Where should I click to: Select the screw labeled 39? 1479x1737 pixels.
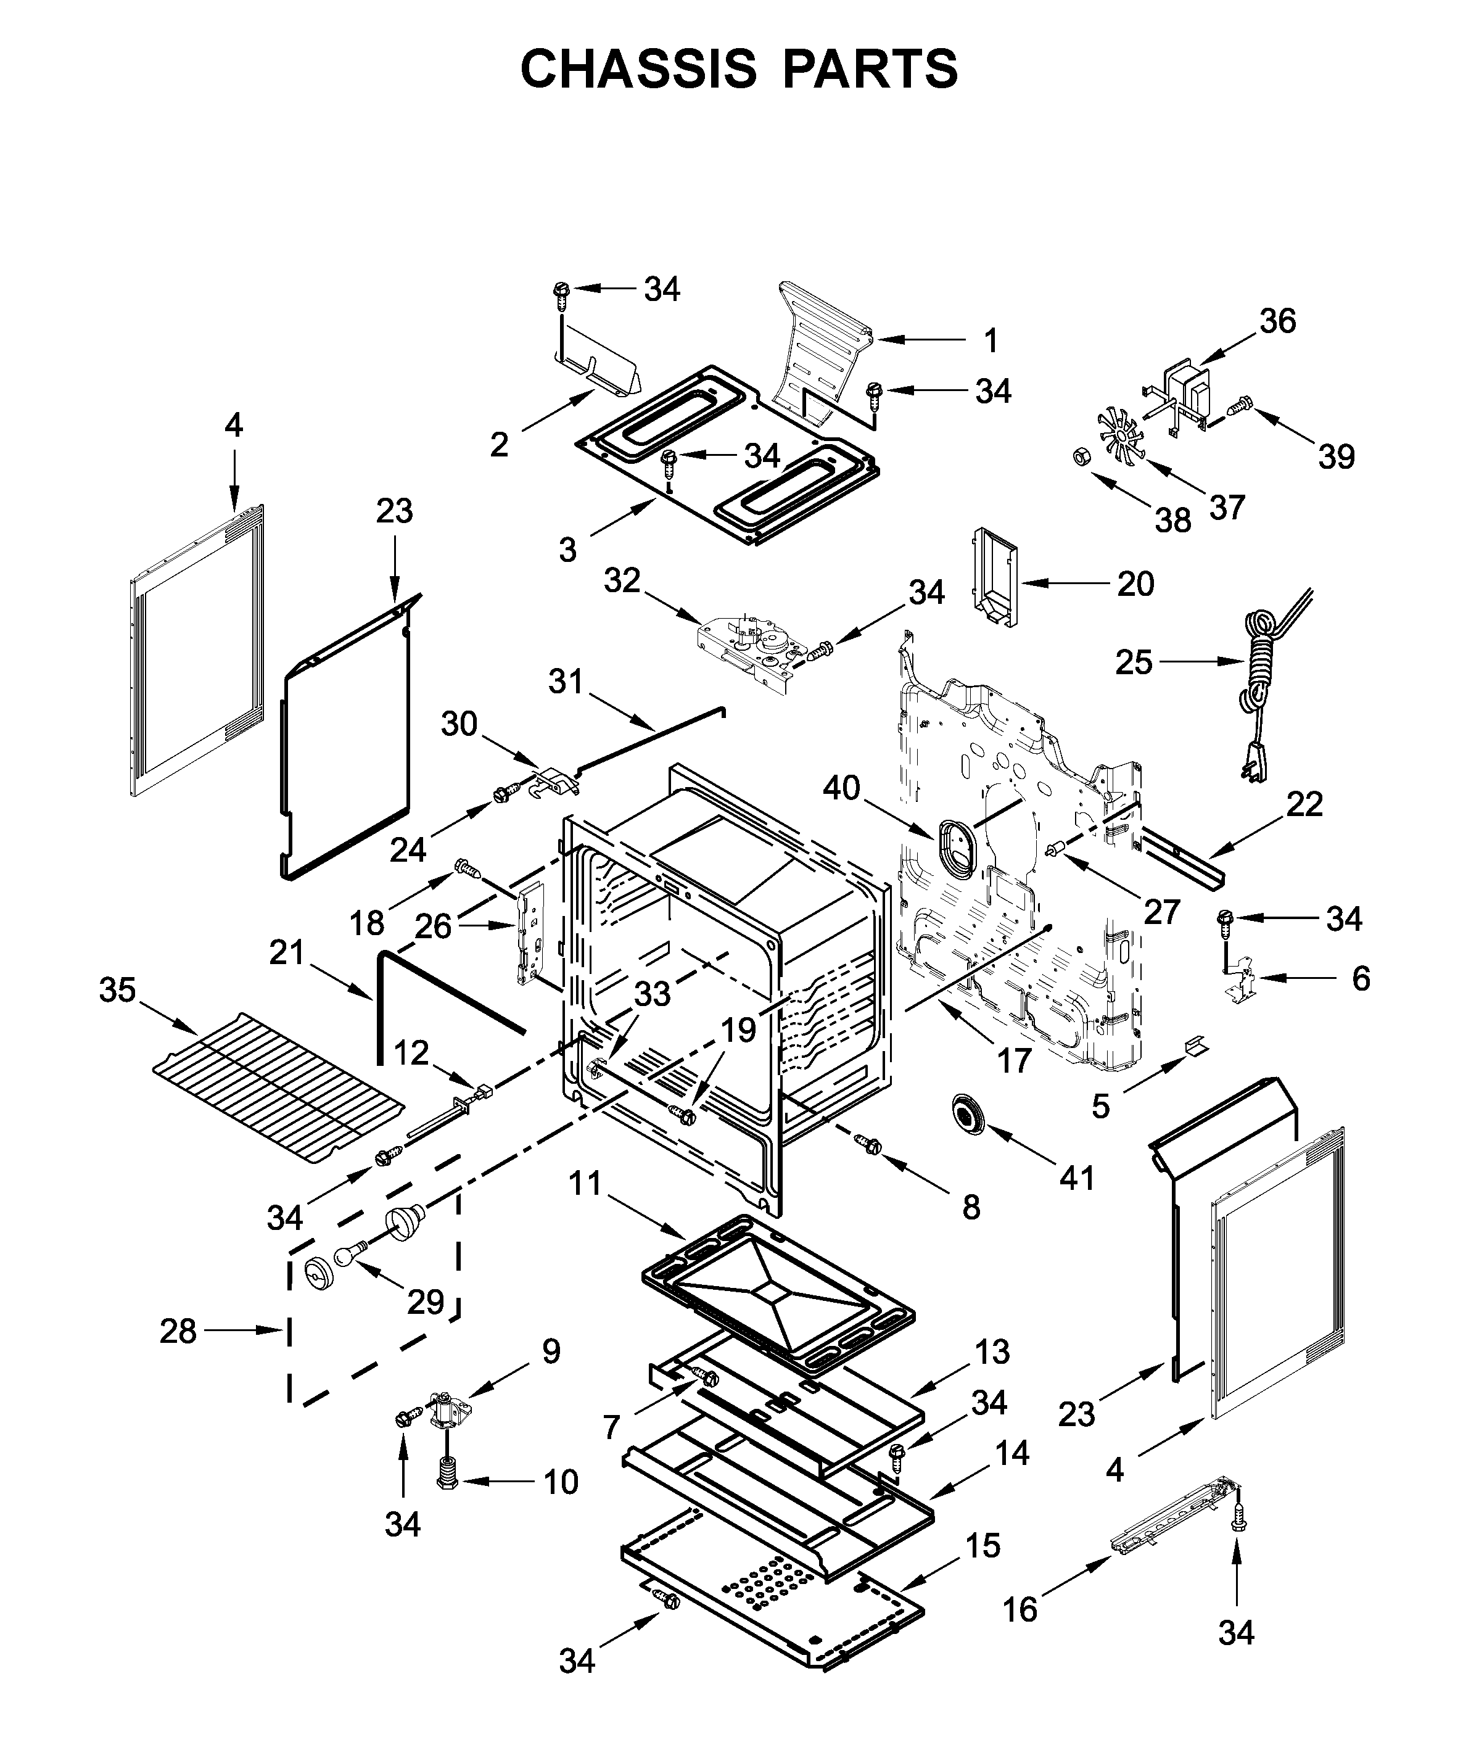tap(1238, 408)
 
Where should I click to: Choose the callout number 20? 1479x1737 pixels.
tap(1135, 584)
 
